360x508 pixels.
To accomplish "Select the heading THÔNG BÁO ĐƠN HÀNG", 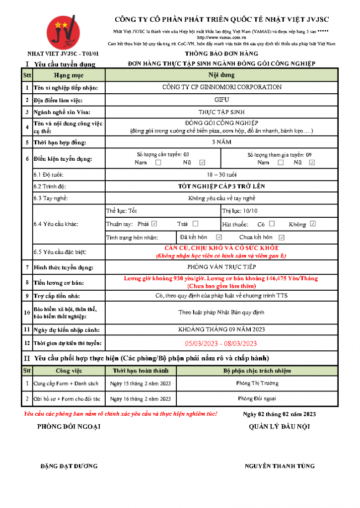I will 221,54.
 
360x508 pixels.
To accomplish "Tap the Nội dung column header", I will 221,75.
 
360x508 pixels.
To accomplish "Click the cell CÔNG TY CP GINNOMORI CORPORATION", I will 222,87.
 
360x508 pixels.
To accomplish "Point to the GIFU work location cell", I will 222,99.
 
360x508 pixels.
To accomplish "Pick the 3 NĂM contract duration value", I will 222,142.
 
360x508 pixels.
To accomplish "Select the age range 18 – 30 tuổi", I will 222,175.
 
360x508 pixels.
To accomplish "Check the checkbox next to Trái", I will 195,224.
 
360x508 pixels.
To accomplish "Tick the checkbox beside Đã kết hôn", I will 219,237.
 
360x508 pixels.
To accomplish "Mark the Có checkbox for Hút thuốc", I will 272,224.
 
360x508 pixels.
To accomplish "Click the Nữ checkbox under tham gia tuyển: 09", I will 312,163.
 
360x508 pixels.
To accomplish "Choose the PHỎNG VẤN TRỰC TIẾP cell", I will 222,267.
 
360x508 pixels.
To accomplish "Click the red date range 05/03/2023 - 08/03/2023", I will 221,343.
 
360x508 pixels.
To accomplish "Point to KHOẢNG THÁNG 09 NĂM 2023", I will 221,329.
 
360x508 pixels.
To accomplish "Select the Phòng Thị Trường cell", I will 257,383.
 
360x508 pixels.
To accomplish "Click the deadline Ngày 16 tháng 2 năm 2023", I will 141,398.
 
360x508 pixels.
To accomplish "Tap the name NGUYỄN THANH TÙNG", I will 280,466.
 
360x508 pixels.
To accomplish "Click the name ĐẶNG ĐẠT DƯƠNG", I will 69,466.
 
